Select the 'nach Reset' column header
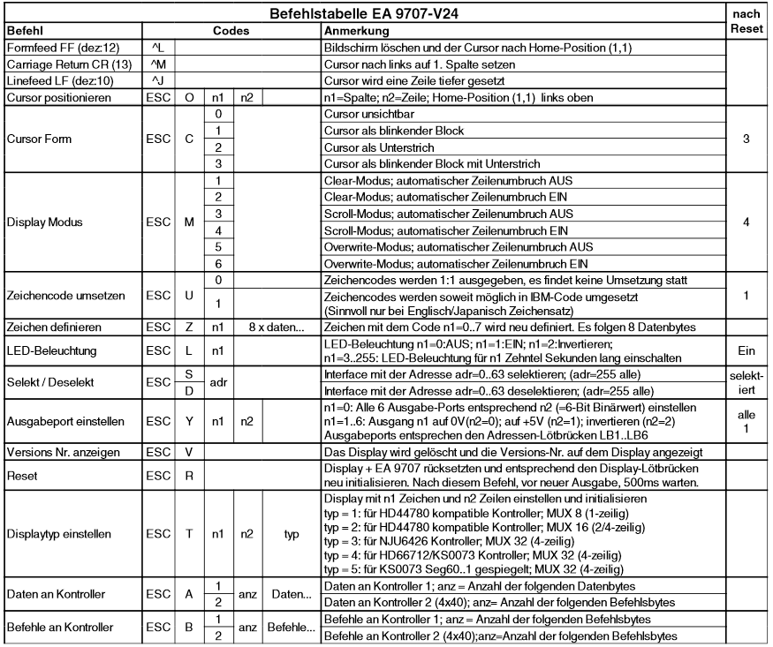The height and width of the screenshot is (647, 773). [x=747, y=21]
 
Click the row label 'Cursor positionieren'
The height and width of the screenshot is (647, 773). [x=59, y=98]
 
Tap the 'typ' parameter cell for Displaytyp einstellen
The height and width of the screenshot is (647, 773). [x=289, y=535]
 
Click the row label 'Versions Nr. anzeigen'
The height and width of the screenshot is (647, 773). [x=63, y=452]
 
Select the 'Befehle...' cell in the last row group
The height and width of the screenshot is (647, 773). [x=289, y=628]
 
